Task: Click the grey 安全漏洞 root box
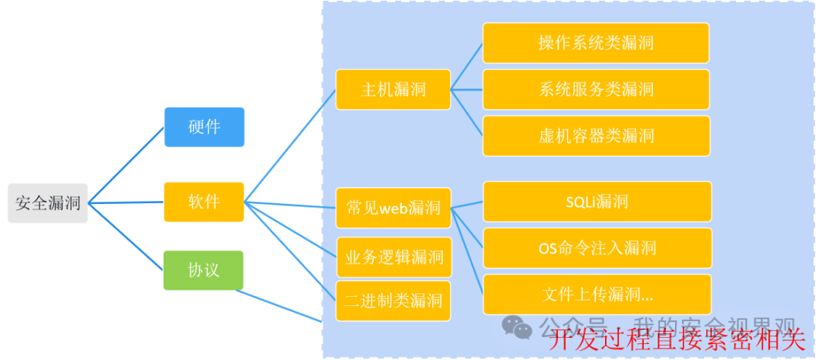click(x=48, y=203)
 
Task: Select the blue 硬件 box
click(x=204, y=126)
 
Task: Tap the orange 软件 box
click(x=204, y=202)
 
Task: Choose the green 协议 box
click(x=204, y=270)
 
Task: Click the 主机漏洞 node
click(x=393, y=90)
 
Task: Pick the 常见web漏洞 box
click(x=393, y=208)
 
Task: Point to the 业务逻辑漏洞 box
click(x=393, y=256)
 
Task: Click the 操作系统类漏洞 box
click(x=596, y=43)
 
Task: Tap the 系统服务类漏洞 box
click(x=596, y=90)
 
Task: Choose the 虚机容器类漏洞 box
click(x=596, y=136)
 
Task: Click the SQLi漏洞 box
click(x=597, y=202)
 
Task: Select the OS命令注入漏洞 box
click(x=597, y=248)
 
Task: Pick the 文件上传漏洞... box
click(x=597, y=295)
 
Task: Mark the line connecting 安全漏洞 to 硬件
click(x=126, y=165)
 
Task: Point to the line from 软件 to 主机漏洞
click(x=289, y=147)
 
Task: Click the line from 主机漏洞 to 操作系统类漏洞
click(x=467, y=66)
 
